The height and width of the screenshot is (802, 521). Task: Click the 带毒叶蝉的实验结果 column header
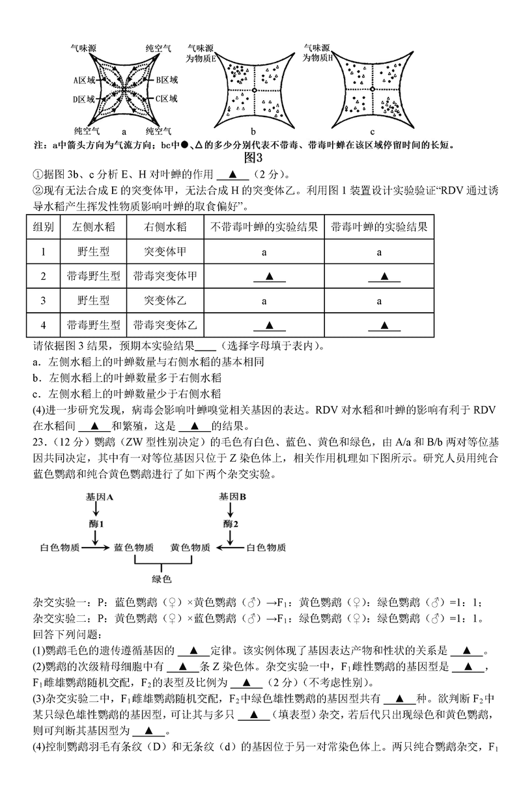379,227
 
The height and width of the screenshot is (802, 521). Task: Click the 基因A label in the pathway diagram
99,496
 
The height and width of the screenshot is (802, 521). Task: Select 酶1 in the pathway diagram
97,523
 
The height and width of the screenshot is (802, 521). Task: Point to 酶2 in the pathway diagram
231,523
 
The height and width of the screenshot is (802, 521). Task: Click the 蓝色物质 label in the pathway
134,548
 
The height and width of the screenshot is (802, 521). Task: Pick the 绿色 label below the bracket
161,578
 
